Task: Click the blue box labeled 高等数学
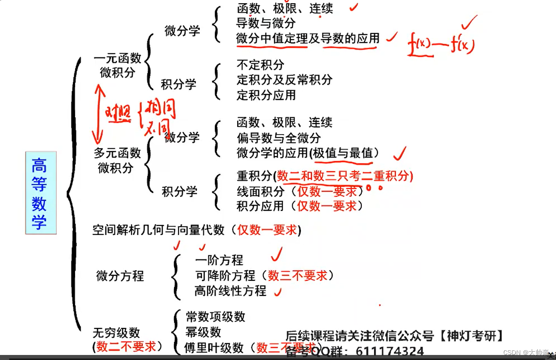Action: click(40, 193)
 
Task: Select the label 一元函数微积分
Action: click(117, 65)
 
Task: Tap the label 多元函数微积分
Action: click(116, 160)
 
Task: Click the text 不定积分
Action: click(260, 65)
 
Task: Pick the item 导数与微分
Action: click(266, 23)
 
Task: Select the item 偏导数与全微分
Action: click(278, 137)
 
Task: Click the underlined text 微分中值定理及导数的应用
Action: click(308, 39)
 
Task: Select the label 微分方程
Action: click(120, 276)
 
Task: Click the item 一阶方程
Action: click(219, 260)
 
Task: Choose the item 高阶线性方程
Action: click(230, 290)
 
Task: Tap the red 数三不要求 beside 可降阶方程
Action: click(298, 275)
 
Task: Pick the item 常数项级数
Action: click(215, 316)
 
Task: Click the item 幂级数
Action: click(203, 332)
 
